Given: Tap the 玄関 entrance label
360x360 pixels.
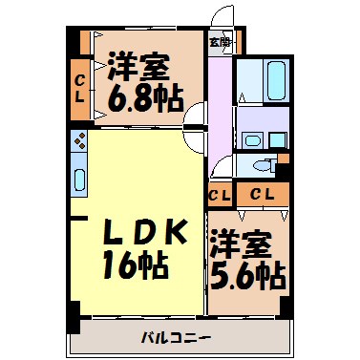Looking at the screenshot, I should [220, 41].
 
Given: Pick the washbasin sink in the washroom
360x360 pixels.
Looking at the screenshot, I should [251, 139].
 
